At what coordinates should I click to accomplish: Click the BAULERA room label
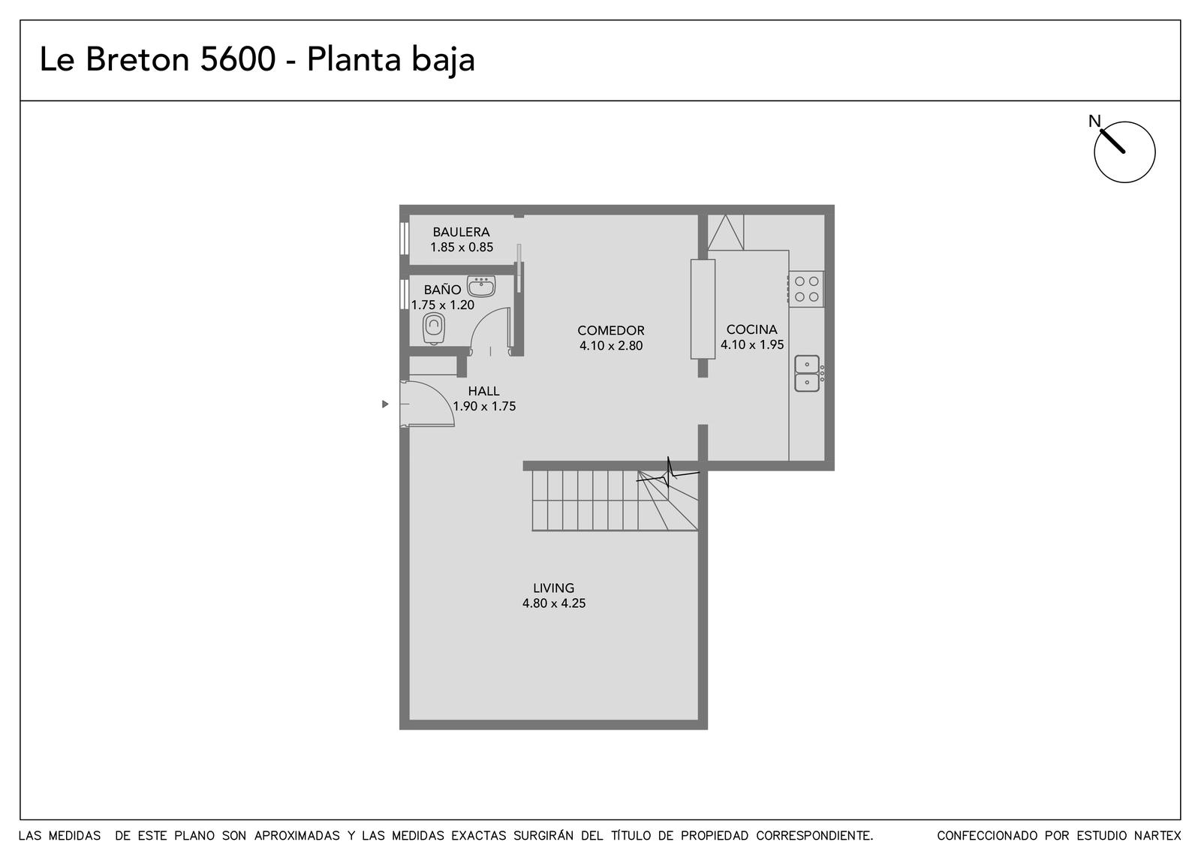click(x=461, y=232)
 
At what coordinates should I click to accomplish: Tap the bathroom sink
click(x=481, y=286)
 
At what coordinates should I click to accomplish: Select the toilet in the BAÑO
click(x=434, y=329)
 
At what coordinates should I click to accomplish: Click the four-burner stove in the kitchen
click(x=806, y=289)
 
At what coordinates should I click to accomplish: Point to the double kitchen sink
click(x=807, y=374)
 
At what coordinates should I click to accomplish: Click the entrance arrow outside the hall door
click(x=385, y=404)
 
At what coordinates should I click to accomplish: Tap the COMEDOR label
click(x=611, y=330)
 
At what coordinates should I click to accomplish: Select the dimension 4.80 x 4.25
click(x=554, y=603)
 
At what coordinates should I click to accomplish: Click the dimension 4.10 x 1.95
click(x=751, y=344)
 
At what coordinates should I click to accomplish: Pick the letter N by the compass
click(x=1094, y=121)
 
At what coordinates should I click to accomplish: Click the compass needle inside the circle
click(x=1112, y=142)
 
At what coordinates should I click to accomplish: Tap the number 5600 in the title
click(x=237, y=59)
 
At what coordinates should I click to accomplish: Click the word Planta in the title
click(x=354, y=59)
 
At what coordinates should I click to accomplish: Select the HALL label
click(x=483, y=391)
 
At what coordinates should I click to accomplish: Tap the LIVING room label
click(x=553, y=588)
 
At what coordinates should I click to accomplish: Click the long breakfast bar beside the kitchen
click(x=703, y=308)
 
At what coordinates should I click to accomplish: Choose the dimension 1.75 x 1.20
click(x=442, y=305)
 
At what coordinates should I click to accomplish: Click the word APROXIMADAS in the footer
click(x=297, y=836)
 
